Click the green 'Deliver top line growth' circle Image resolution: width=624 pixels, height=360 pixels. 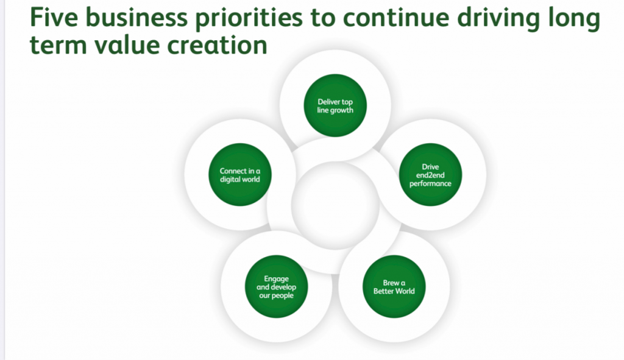coord(335,105)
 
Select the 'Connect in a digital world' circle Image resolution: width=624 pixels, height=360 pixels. coord(240,175)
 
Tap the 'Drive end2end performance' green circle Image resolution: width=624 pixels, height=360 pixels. coord(430,175)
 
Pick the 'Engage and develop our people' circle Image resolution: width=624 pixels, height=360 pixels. coord(276,286)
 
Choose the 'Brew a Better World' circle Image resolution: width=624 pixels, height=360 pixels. coord(394,286)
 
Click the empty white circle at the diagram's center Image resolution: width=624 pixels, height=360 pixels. coord(335,205)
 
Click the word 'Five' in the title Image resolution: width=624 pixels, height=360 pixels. coord(54,17)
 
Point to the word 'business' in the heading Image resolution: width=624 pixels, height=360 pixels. coord(136,17)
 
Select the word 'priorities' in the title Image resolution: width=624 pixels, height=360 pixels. coord(249,19)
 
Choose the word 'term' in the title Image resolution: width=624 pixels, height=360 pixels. coord(58,45)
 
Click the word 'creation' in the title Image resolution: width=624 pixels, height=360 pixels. coord(217,44)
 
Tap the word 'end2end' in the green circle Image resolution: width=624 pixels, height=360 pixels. coord(430,175)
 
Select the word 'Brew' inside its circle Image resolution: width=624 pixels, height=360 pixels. coord(391,283)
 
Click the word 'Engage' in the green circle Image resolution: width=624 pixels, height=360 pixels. coord(276,279)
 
